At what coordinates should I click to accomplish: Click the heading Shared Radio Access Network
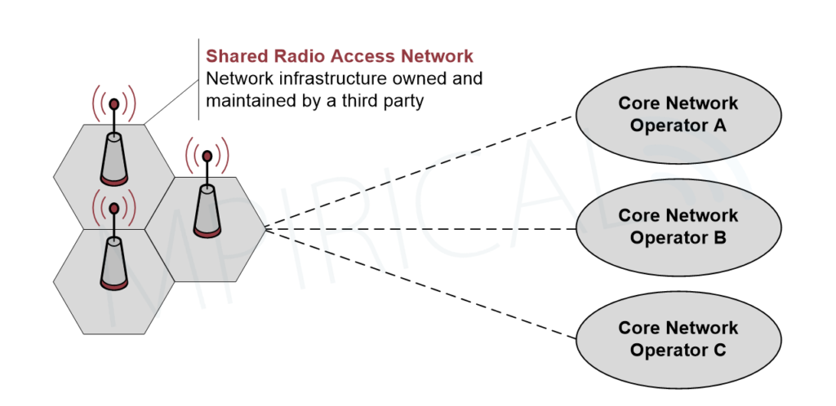pyautogui.click(x=339, y=56)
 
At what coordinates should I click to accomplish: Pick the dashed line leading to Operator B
pyautogui.click(x=420, y=229)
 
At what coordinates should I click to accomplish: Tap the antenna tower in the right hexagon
pyautogui.click(x=207, y=209)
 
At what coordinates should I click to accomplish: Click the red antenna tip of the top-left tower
pyautogui.click(x=114, y=104)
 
